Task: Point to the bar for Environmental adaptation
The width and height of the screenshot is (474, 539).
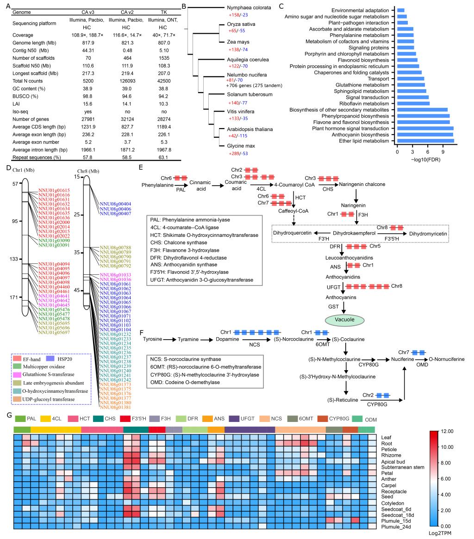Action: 400,10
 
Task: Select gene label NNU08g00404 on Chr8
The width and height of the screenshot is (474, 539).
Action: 112,204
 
